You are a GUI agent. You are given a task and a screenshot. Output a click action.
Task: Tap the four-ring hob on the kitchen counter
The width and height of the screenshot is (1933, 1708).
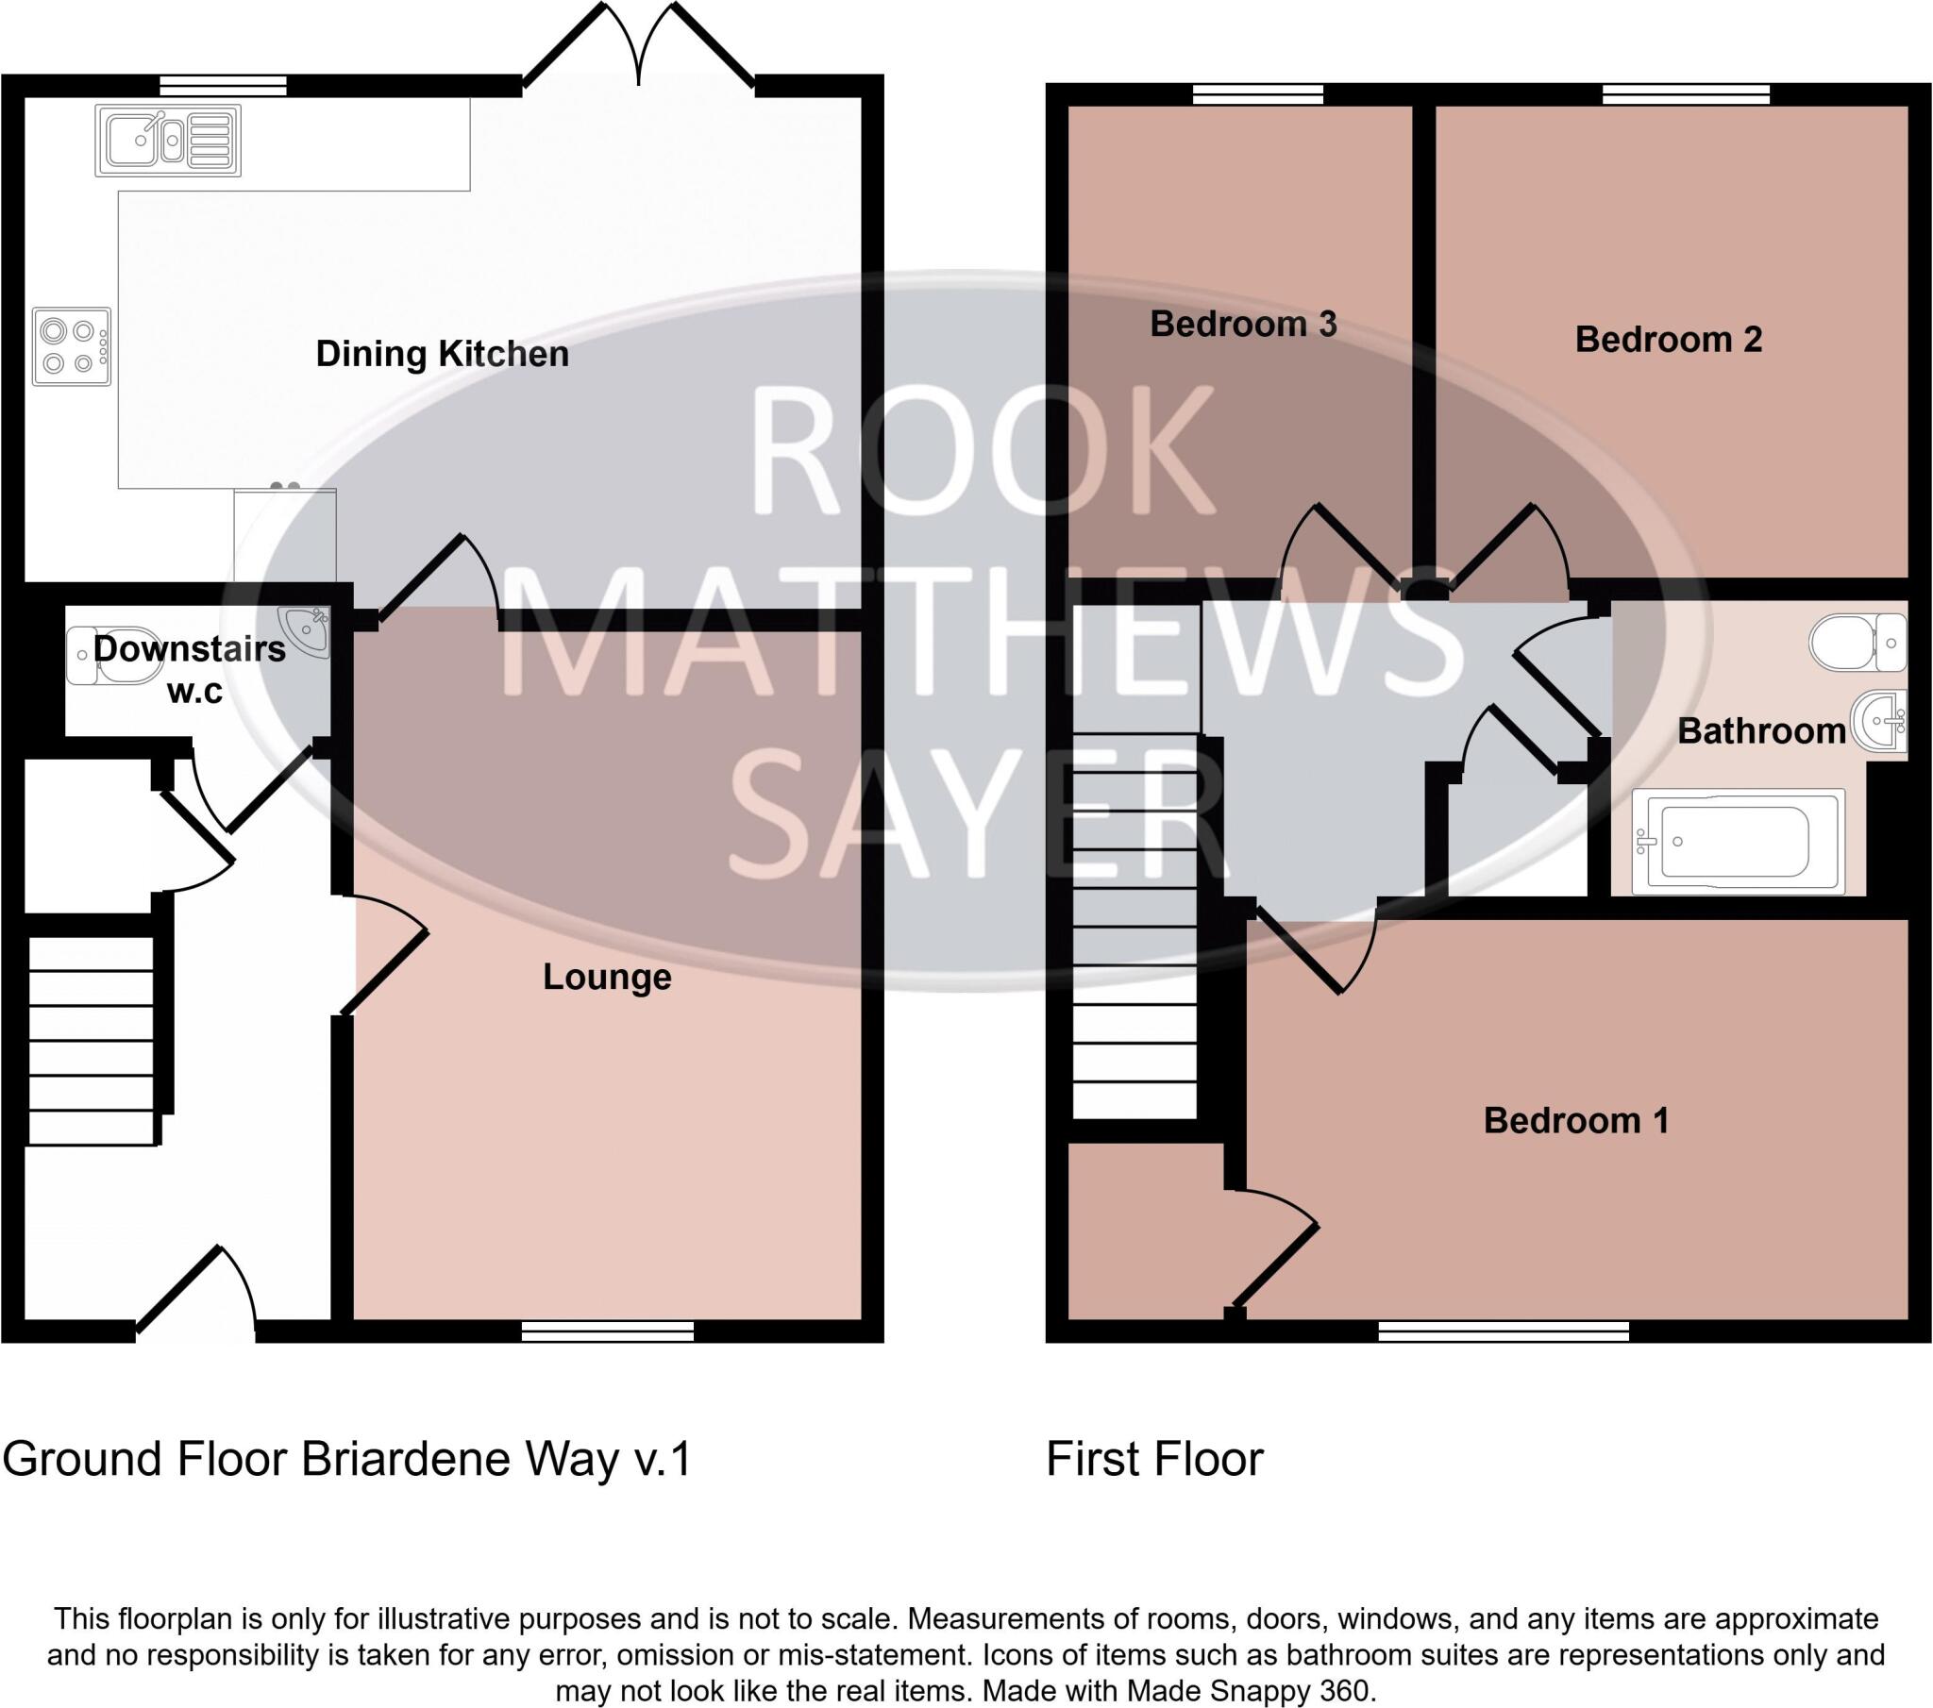(71, 346)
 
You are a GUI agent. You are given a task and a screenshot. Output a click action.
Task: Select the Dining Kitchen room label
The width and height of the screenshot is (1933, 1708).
(442, 354)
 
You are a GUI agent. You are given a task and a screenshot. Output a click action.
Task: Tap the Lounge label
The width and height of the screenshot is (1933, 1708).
(606, 977)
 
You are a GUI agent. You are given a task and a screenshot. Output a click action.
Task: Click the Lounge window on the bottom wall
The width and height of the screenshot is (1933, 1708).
(608, 1331)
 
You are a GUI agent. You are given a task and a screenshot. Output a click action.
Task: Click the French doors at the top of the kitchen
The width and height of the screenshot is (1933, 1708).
(639, 47)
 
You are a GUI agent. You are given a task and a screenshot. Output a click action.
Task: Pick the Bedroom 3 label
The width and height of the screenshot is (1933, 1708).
(1243, 325)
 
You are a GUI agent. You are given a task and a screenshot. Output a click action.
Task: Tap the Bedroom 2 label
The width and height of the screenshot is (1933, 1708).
(1668, 340)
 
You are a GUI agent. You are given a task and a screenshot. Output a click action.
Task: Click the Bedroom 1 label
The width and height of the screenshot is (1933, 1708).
(1575, 1121)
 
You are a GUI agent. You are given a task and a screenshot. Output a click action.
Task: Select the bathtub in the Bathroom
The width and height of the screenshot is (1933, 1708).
(1739, 841)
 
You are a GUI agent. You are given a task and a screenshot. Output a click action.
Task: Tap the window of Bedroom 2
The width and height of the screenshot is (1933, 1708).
(1686, 93)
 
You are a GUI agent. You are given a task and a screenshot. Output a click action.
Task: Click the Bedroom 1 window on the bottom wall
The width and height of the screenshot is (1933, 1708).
(1504, 1331)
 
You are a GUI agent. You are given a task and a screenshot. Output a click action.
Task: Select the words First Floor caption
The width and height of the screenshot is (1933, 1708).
(1153, 1458)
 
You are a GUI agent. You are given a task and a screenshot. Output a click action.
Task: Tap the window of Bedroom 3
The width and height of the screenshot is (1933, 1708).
(1257, 93)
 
